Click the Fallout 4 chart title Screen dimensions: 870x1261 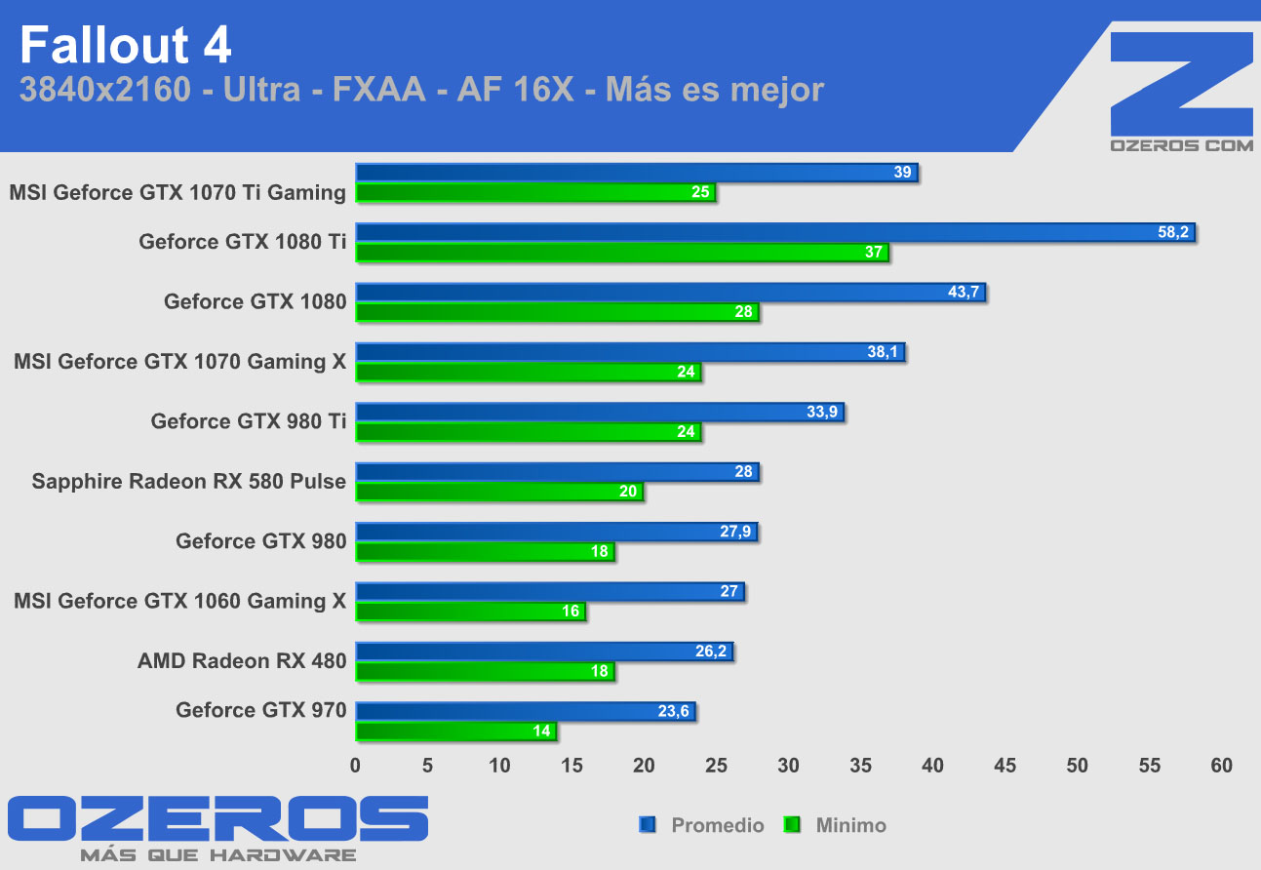[126, 47]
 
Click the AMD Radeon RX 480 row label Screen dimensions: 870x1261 [242, 661]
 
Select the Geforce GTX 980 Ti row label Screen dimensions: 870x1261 [249, 421]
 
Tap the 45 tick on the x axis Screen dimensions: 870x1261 [1005, 766]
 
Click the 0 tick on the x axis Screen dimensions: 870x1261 [355, 766]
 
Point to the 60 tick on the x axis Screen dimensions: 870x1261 [1221, 766]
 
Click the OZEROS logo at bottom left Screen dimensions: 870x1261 [217, 819]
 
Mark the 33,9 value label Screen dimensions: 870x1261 [821, 413]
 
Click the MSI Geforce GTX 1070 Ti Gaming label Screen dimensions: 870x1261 [177, 193]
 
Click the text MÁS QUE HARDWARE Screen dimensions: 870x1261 [217, 855]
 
